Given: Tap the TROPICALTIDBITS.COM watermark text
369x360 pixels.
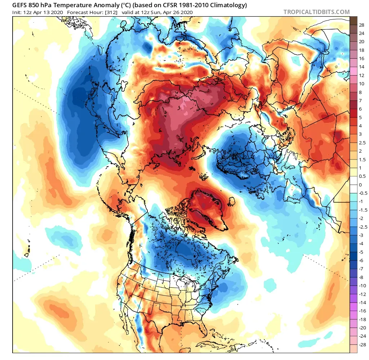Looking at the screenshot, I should (x=316, y=12).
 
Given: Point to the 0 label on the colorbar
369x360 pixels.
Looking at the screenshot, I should (x=361, y=185).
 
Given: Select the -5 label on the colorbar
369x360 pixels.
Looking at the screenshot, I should (x=361, y=252).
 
